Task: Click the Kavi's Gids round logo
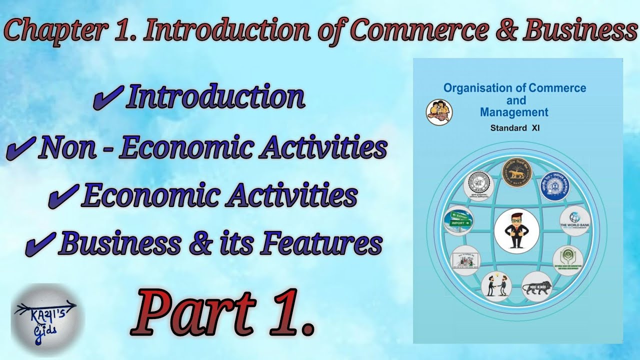(47, 318)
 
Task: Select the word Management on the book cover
(514, 112)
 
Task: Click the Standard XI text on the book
(514, 128)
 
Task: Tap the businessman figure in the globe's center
(516, 231)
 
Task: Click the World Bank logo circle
(574, 220)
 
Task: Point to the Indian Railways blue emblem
(556, 186)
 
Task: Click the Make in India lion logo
(537, 286)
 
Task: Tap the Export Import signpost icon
(458, 220)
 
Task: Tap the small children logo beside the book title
(439, 112)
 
